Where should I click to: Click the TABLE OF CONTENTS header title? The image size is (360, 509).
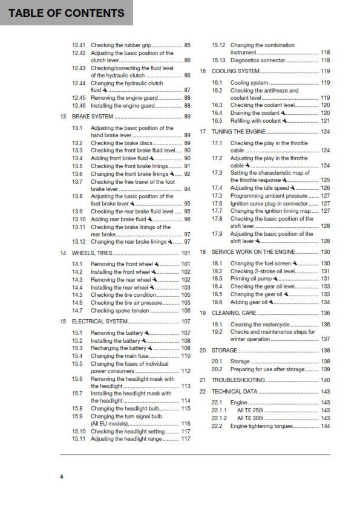pyautogui.click(x=67, y=13)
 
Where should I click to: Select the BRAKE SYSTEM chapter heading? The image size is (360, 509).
pyautogui.click(x=93, y=116)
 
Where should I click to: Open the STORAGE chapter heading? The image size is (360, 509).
pyautogui.click(x=224, y=351)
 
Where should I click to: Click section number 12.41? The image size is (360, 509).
pyautogui.click(x=79, y=45)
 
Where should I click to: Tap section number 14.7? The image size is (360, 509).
pyautogui.click(x=77, y=310)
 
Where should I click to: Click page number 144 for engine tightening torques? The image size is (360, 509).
pyautogui.click(x=326, y=426)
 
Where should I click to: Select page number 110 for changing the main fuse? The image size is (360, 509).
pyautogui.click(x=186, y=356)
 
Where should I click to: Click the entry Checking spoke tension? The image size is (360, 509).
pyautogui.click(x=119, y=310)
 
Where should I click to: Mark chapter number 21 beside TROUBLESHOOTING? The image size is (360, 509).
pyautogui.click(x=203, y=380)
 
